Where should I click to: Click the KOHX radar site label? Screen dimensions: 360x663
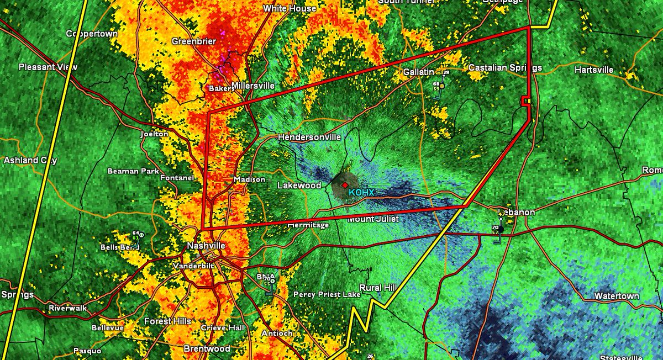pos(361,192)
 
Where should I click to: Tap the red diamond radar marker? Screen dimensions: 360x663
pos(345,185)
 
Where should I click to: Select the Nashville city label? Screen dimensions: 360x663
pos(206,246)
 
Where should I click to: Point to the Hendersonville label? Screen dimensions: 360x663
pos(309,137)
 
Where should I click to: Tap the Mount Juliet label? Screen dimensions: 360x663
pos(373,219)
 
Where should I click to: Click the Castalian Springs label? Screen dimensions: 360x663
pos(505,68)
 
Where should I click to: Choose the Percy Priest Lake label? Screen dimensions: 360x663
pos(327,294)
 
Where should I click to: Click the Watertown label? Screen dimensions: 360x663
pos(617,297)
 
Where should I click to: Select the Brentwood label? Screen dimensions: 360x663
pos(207,349)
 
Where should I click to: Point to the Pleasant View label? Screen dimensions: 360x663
pos(48,67)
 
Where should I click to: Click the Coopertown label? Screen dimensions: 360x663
pos(92,34)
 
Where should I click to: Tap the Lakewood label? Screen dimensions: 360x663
pos(299,186)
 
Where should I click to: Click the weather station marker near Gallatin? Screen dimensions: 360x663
pos(441,86)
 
